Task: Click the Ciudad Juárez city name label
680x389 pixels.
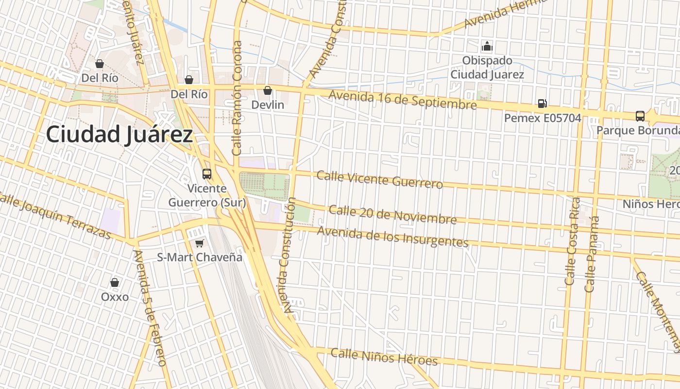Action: pos(119,134)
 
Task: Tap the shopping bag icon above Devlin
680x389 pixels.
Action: pos(267,90)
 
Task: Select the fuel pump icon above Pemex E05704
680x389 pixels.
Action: pos(542,103)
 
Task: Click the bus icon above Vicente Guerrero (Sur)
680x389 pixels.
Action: pos(207,174)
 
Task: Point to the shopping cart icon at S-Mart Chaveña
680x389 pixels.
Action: pos(199,243)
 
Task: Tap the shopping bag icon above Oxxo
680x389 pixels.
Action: pos(115,282)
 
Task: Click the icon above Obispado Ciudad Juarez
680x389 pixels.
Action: pos(487,47)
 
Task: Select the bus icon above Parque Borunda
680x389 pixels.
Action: pos(640,116)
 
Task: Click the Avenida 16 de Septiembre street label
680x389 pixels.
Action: pos(403,100)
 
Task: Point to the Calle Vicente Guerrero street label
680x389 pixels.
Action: pos(379,179)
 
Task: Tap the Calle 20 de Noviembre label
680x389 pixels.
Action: pos(392,214)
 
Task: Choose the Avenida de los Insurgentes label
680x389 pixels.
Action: pos(392,236)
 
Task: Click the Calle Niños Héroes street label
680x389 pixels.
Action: pos(384,357)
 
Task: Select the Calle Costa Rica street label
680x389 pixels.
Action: pos(572,241)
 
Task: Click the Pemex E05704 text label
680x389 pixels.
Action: pos(542,118)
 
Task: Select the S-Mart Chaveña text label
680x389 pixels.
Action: pos(199,257)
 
